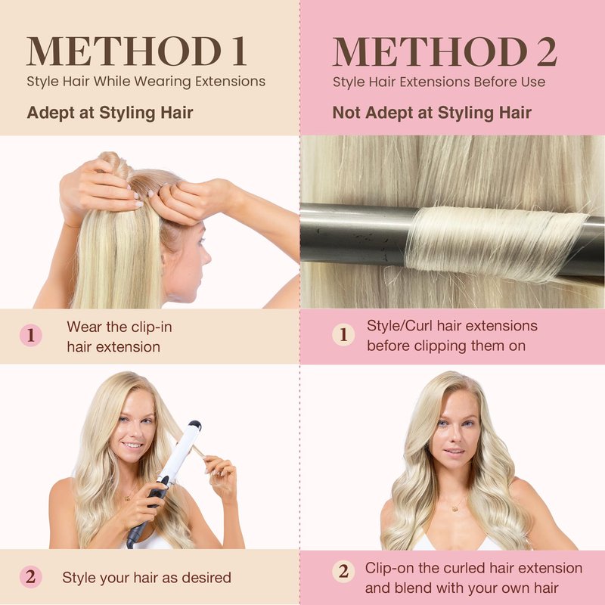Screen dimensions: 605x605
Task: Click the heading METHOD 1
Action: click(x=136, y=51)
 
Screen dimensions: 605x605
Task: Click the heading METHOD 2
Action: click(x=445, y=51)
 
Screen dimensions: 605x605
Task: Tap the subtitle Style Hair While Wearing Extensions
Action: click(x=146, y=82)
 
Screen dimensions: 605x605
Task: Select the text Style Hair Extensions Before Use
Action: click(x=439, y=82)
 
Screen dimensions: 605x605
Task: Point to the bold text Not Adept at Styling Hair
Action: click(x=432, y=113)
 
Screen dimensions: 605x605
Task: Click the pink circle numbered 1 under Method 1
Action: click(x=31, y=335)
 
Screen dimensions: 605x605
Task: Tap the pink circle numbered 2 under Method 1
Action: click(x=31, y=577)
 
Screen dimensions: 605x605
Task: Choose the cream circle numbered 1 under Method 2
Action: click(x=343, y=334)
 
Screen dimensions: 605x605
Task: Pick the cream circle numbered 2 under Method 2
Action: click(x=343, y=571)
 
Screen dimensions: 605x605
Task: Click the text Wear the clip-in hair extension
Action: click(x=119, y=337)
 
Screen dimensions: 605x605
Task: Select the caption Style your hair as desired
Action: click(x=147, y=578)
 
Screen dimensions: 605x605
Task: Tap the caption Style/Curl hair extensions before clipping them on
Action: click(x=451, y=336)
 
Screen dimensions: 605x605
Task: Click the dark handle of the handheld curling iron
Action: click(x=147, y=513)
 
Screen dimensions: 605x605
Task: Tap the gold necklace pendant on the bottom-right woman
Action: click(x=455, y=508)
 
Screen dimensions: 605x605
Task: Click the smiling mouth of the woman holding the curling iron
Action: click(x=132, y=445)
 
